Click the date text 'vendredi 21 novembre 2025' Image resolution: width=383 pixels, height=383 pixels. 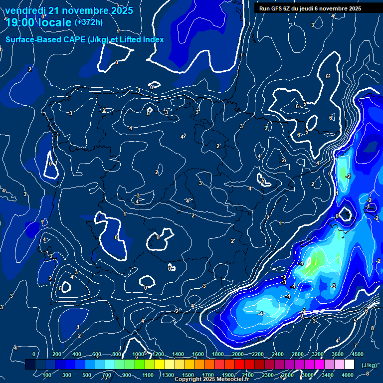click(x=69, y=10)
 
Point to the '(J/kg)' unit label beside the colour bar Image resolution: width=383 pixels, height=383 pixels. click(x=369, y=365)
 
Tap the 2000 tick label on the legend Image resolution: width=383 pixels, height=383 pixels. click(x=238, y=354)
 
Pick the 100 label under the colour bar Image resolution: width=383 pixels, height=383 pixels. click(x=47, y=375)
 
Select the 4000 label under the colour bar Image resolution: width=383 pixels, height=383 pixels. click(x=348, y=375)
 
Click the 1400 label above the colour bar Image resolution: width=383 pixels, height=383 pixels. click(x=178, y=354)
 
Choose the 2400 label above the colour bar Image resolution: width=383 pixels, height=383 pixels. click(x=278, y=354)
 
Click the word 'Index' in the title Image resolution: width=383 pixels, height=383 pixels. click(x=153, y=39)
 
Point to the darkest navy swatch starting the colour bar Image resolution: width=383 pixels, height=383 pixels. click(x=30, y=365)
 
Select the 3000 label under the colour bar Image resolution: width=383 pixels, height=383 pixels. click(x=308, y=375)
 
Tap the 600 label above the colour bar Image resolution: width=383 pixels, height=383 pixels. click(x=97, y=354)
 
